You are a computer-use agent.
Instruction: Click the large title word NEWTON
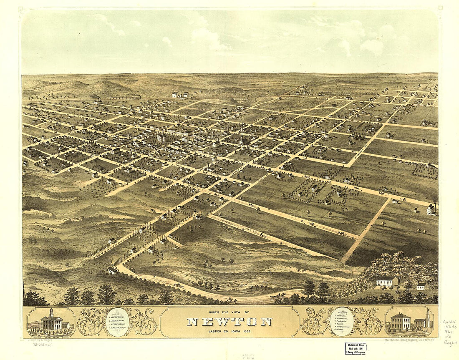pos(229,322)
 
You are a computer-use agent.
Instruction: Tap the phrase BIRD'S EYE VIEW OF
pos(229,312)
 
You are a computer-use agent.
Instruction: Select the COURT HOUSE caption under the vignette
pos(51,335)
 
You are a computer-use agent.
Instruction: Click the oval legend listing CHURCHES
pos(342,322)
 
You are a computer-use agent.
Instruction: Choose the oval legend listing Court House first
pos(118,322)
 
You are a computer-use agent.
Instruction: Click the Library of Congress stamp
pos(356,349)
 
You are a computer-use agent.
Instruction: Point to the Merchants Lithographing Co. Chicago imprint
pos(409,340)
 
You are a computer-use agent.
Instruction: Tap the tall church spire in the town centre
pos(242,133)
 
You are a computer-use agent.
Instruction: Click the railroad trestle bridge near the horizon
pos(240,100)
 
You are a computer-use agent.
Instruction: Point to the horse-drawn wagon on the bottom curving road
pos(277,296)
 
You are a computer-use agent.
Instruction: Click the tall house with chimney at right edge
pos(431,209)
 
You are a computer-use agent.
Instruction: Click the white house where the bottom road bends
pos(112,271)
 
